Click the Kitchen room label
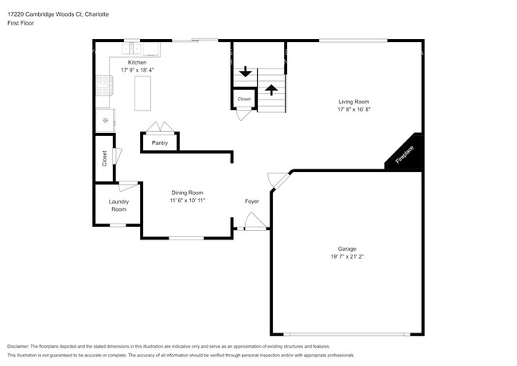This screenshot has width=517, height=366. coord(138,62)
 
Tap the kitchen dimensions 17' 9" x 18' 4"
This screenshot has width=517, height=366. coord(138,70)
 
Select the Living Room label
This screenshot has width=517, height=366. coord(354,101)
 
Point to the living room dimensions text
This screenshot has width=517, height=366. coord(354,109)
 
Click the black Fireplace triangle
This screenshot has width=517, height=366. coord(405,153)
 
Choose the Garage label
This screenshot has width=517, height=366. coord(346,249)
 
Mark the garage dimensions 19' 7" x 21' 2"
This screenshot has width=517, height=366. coord(346,257)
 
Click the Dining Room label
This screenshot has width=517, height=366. coord(188,193)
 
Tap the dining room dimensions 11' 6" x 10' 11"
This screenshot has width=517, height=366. coord(188,201)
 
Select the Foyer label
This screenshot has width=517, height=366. coord(251,201)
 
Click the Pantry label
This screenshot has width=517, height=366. coord(160,142)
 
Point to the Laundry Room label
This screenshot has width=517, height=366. coord(119,205)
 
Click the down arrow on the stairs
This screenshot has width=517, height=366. coord(245,72)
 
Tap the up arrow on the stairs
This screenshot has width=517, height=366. coord(270,88)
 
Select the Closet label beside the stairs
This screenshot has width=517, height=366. coord(243,99)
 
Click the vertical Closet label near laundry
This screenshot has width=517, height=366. coord(104,158)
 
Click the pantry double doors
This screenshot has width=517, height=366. coord(160,127)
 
